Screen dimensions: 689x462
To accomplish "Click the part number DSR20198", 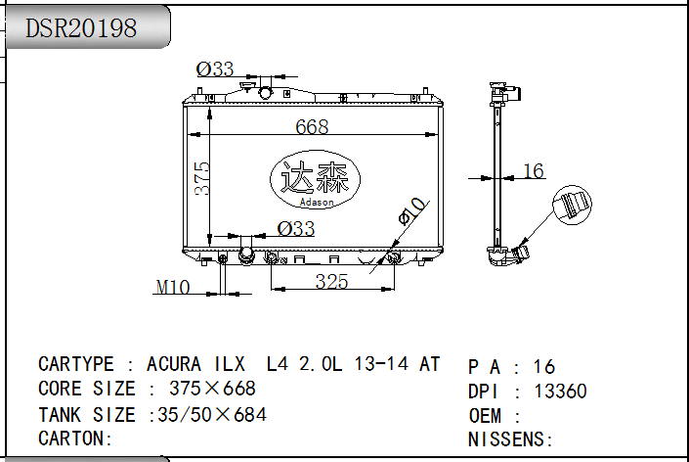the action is click(x=81, y=28).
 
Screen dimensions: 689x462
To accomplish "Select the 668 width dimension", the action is click(x=312, y=126).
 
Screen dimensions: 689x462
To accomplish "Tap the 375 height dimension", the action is click(x=201, y=178).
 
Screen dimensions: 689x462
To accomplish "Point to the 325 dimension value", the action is click(x=331, y=282).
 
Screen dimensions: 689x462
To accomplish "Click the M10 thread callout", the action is click(x=173, y=288).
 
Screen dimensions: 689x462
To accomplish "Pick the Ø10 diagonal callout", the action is click(x=411, y=211).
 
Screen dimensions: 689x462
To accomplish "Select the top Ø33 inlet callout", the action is click(x=215, y=69).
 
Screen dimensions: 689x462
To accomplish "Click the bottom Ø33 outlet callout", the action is click(x=296, y=228).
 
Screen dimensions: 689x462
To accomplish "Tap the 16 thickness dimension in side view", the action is click(x=534, y=171).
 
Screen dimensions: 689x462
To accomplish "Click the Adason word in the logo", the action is click(x=317, y=202).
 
